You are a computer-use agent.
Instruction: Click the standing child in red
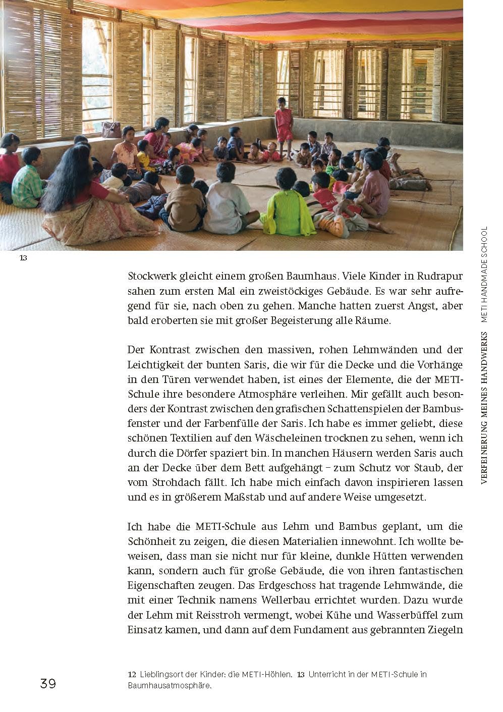[284, 121]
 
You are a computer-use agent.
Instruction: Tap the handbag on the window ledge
[111, 130]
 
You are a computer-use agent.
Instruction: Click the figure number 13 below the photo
[23, 258]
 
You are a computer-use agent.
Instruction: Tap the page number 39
[48, 684]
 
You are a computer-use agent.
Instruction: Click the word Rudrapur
[439, 277]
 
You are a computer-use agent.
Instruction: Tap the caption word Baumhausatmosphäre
[169, 686]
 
